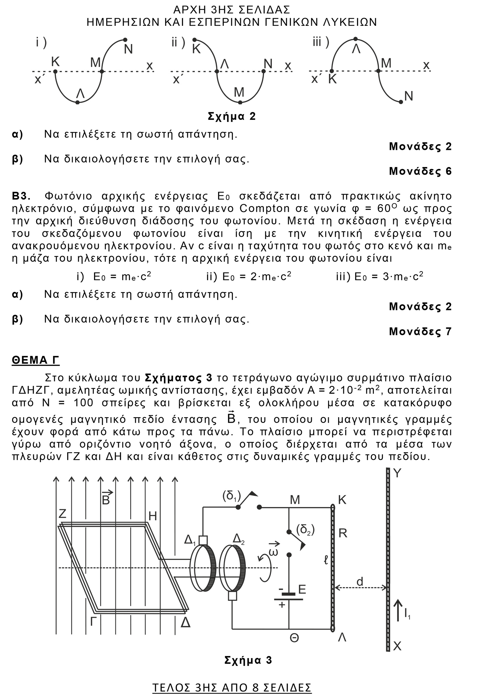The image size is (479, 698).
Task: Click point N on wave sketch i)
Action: [125, 40]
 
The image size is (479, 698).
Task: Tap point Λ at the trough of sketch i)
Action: [78, 102]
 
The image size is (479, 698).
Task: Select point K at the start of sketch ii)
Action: [195, 40]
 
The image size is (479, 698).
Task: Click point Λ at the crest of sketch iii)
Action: [356, 39]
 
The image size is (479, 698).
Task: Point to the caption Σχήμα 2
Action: [232, 116]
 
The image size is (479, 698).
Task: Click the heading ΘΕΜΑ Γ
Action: [35, 360]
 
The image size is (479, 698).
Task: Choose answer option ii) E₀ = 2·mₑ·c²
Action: [249, 276]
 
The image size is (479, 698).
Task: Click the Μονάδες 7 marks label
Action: [420, 331]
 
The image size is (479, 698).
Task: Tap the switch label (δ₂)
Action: [305, 530]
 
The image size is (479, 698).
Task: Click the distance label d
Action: [360, 582]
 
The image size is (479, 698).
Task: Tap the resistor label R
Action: [343, 533]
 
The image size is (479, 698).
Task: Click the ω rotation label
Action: [273, 552]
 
